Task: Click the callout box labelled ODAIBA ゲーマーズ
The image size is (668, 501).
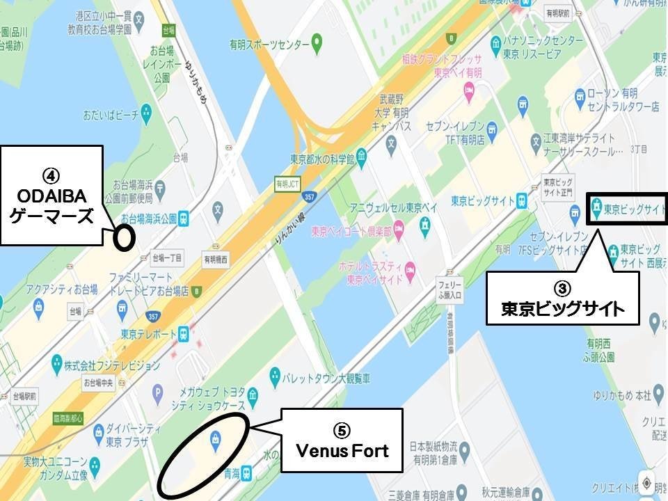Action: tap(51, 195)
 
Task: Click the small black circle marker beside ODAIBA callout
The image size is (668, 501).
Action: tap(124, 238)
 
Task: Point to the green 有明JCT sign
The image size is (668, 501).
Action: tap(286, 184)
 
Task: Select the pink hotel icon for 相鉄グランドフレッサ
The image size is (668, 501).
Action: tap(469, 89)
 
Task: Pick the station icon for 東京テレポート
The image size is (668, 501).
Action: tap(182, 333)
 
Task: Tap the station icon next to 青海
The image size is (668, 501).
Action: tap(246, 472)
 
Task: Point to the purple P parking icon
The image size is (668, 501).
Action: tap(157, 391)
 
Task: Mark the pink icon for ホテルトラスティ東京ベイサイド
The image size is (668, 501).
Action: tap(411, 269)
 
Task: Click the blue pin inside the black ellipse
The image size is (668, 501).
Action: tap(215, 440)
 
